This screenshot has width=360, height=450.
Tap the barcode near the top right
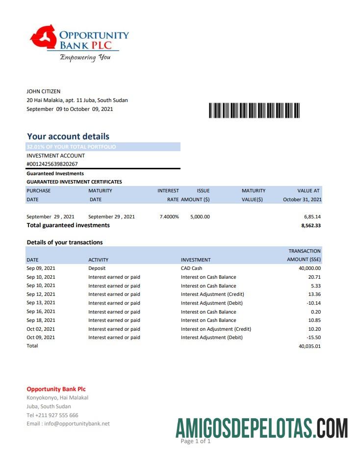255,110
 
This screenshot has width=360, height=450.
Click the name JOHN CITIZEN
44,91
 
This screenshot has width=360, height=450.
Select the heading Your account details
68,136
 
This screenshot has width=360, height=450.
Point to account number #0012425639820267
52,164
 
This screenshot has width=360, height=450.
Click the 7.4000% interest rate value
169,216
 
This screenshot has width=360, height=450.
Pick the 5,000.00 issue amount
200,216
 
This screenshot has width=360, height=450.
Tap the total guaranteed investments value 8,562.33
310,226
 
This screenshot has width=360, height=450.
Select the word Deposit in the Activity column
97,268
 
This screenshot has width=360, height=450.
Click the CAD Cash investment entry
191,268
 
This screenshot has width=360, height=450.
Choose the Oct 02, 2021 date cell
41,329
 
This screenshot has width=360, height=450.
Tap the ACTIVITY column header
98,260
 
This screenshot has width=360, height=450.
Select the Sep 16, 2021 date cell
41,312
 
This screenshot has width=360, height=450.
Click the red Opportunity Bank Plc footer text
56,389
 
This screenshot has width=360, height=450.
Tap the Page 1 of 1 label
196,441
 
